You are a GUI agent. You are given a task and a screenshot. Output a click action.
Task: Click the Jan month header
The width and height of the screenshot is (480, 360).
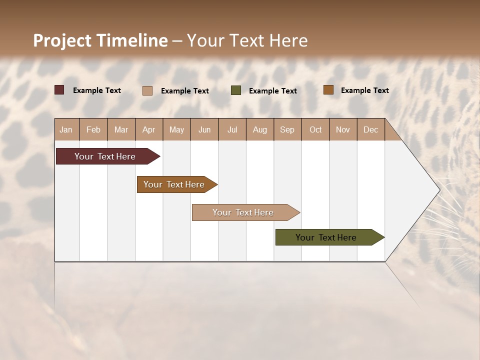(x=66, y=129)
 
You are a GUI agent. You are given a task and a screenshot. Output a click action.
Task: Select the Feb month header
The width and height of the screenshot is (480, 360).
(x=93, y=129)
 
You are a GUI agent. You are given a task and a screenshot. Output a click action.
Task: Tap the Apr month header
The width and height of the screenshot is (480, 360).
(x=148, y=129)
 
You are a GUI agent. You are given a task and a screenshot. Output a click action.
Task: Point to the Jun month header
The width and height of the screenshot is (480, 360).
(x=204, y=129)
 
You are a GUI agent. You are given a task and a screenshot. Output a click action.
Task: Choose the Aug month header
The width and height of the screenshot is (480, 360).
(x=259, y=129)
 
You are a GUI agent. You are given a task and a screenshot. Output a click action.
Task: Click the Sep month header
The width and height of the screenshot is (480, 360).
(x=287, y=129)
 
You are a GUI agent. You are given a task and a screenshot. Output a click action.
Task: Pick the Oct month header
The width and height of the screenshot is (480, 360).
(x=315, y=129)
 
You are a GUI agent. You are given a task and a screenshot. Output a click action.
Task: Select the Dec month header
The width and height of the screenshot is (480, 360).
(x=370, y=129)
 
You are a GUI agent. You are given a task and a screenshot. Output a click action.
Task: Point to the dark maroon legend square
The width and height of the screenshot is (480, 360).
(x=59, y=90)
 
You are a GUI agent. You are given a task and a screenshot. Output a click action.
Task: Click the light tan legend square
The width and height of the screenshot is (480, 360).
(x=147, y=90)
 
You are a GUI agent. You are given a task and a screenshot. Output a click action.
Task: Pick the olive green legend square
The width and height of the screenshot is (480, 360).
(x=236, y=90)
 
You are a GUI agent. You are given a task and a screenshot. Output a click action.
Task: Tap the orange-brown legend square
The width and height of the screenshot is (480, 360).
(x=328, y=90)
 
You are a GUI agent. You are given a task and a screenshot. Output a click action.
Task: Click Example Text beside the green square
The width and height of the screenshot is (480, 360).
(x=272, y=91)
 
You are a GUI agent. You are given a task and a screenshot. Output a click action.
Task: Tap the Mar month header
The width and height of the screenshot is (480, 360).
(x=121, y=129)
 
